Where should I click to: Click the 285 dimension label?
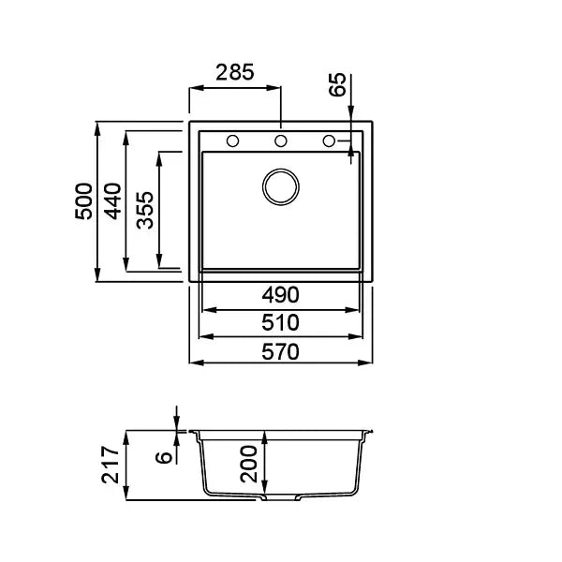[235, 72]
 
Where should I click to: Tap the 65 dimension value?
[337, 84]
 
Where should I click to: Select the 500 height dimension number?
[83, 201]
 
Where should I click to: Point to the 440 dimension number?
[112, 201]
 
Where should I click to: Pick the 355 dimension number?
[145, 210]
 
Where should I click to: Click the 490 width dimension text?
[280, 295]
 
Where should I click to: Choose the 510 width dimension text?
[280, 322]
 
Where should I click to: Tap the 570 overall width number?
[280, 351]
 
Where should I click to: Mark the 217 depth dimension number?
[110, 465]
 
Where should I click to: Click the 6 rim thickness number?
[164, 457]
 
